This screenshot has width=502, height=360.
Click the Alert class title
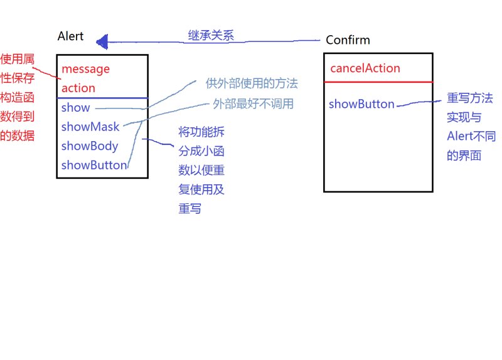70,36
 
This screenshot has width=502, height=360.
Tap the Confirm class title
348,40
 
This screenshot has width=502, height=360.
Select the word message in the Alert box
85,69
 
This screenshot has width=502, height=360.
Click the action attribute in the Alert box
78,88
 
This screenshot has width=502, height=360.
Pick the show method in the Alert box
75,107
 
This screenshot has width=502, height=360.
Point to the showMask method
90,127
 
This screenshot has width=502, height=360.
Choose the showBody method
90,146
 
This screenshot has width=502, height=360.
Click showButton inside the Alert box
94,165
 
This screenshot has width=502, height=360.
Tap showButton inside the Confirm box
361,104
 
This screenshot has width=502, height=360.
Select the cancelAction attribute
365,68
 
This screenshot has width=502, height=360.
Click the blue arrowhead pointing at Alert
102,41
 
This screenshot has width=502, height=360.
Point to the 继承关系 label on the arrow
211,35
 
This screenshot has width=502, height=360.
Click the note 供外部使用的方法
252,83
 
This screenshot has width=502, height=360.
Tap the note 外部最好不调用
254,103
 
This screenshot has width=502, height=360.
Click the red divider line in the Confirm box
378,82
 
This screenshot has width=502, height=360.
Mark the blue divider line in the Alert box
102,98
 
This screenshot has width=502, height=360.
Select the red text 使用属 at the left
18,59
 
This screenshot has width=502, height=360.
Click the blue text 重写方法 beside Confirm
469,98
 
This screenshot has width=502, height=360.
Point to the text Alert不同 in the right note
471,136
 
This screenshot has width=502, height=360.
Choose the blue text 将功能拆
201,132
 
